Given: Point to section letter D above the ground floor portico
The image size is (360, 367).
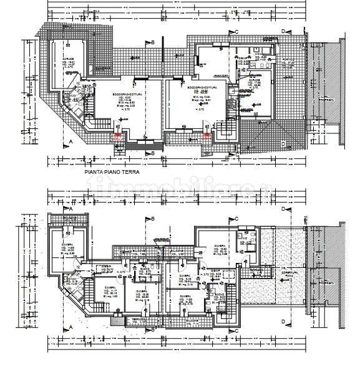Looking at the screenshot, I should point(283,31).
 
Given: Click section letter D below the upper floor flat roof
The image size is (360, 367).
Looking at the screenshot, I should point(283,322).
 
